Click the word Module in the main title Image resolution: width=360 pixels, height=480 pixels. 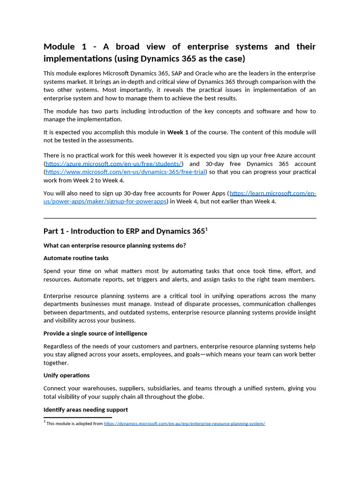pos(59,46)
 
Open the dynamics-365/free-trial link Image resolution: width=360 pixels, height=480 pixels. pos(125,172)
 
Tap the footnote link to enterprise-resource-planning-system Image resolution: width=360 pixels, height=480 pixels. pos(184,423)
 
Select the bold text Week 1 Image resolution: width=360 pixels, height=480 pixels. pos(178,132)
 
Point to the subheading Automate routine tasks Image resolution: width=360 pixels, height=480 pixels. pos(76,258)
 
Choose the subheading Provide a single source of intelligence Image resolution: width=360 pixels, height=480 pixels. pos(95,333)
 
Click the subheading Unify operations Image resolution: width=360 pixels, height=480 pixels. pos(67,375)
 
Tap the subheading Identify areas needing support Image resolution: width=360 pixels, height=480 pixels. pos(85,410)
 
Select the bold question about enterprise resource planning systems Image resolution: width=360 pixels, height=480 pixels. pos(114,245)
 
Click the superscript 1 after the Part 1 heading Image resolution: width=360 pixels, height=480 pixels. pos(207,229)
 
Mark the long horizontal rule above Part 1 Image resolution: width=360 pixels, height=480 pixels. pos(180,218)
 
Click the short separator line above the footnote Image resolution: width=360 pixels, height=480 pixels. pos(77,417)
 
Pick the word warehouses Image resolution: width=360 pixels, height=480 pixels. pos(104,388)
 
